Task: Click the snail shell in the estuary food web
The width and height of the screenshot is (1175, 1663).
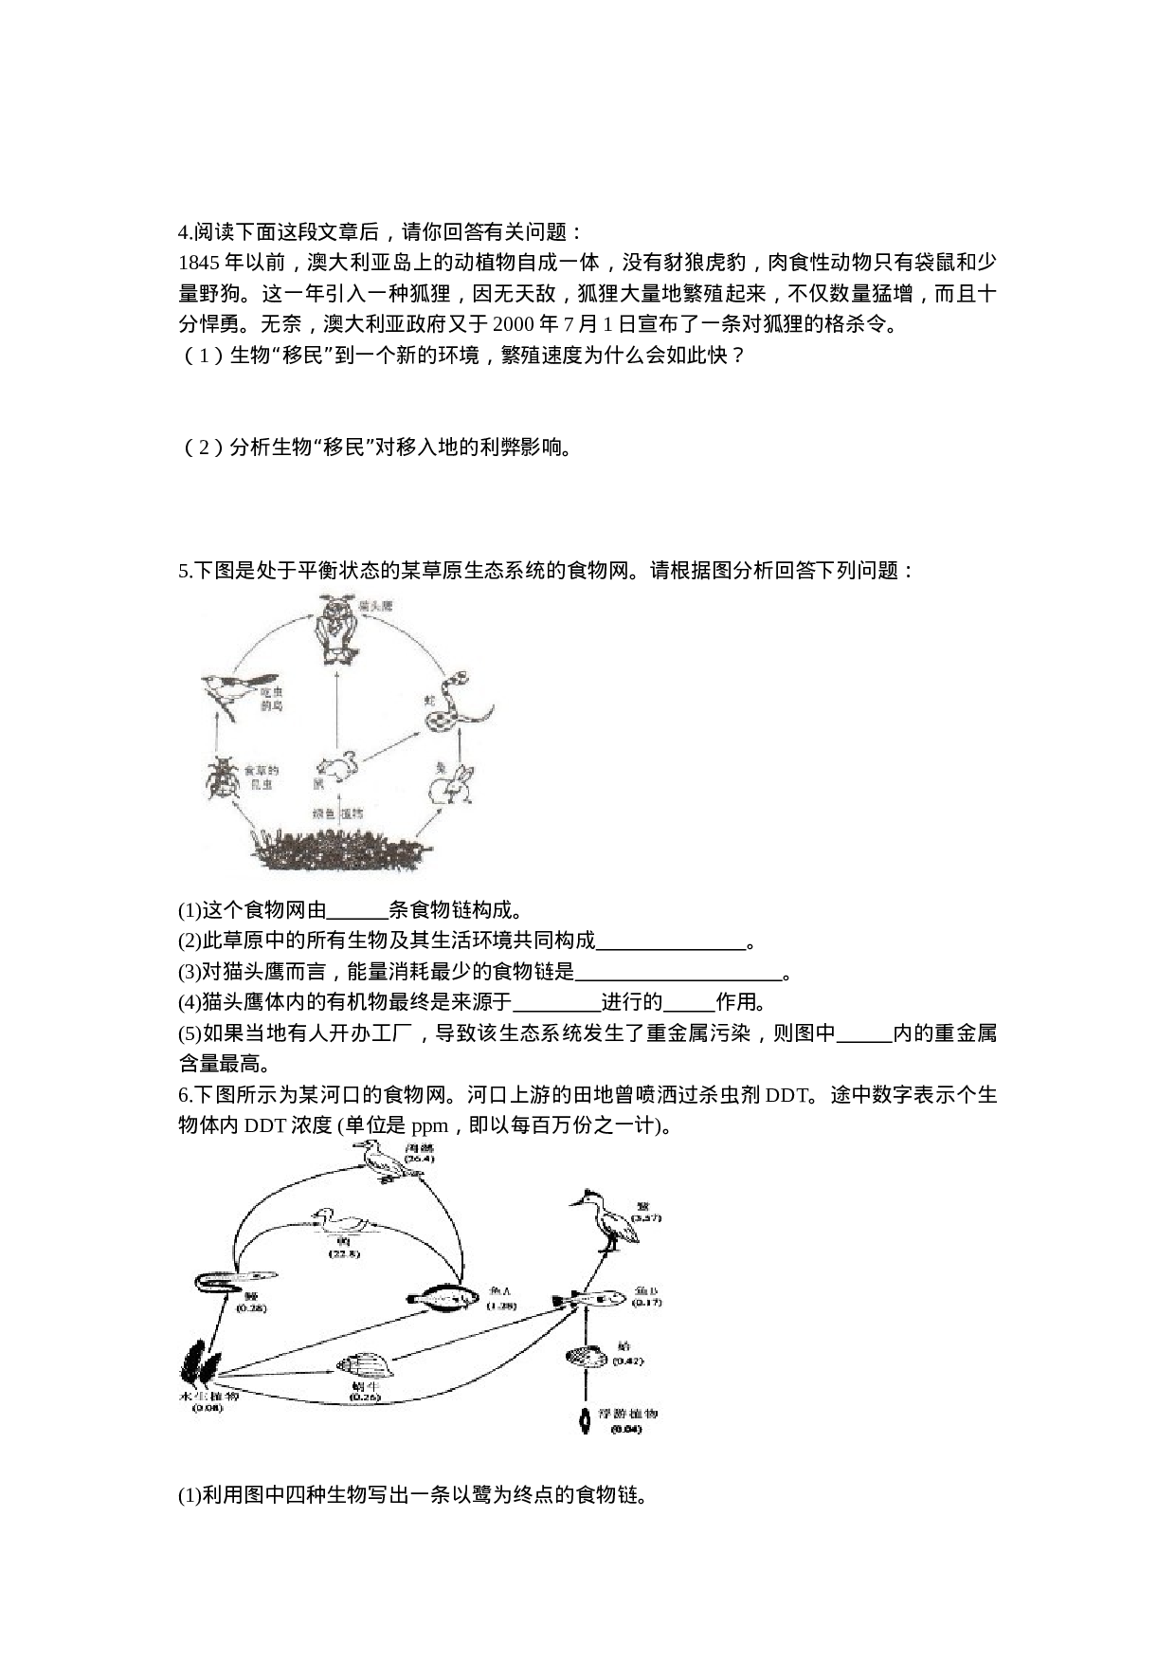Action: [x=363, y=1365]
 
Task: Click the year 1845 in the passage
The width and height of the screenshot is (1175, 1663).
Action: [x=197, y=263]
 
